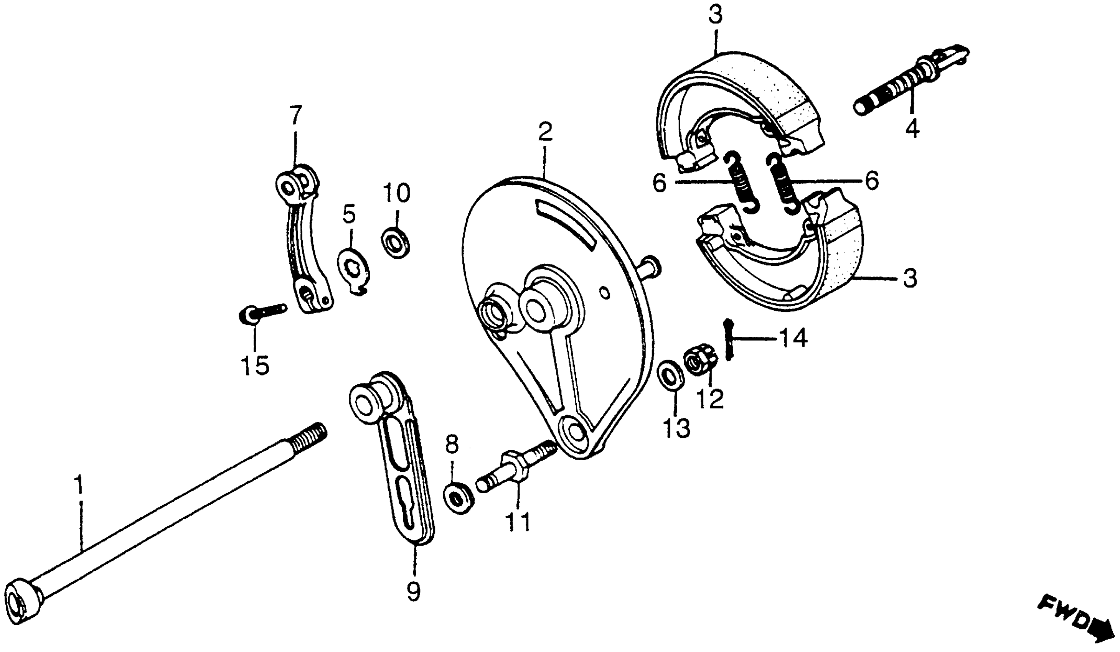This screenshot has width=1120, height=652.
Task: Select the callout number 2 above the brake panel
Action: click(545, 132)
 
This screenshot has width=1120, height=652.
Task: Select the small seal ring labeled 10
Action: click(395, 244)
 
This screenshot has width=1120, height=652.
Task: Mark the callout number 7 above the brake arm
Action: click(295, 115)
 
